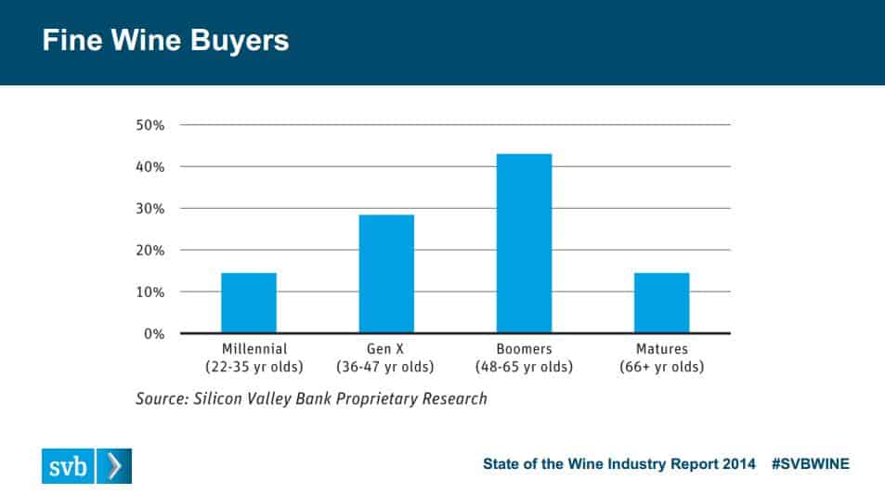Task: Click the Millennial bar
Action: tap(249, 303)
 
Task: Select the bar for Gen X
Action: tap(386, 274)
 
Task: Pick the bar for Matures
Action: tap(661, 303)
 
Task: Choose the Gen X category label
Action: tap(386, 349)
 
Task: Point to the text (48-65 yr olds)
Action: tap(524, 367)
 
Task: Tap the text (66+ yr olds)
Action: tap(661, 367)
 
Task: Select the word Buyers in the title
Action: tap(241, 42)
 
